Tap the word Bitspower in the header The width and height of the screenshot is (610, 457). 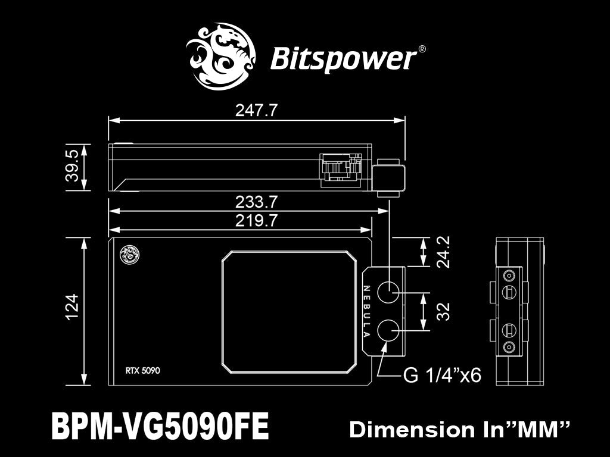click(343, 60)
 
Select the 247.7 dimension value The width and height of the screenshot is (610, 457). click(256, 111)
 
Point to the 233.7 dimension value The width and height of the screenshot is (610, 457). click(256, 202)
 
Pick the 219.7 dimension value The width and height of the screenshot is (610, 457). click(256, 221)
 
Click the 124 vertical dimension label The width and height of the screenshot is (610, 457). click(73, 307)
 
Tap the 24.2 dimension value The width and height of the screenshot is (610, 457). click(443, 252)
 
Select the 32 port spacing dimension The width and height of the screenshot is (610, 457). click(443, 311)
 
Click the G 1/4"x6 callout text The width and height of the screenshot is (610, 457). click(442, 375)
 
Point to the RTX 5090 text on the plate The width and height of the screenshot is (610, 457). click(142, 370)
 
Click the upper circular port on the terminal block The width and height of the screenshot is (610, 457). click(389, 293)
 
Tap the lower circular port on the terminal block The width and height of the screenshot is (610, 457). click(389, 330)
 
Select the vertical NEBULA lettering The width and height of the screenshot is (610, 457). click(367, 311)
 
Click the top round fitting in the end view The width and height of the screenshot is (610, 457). click(509, 276)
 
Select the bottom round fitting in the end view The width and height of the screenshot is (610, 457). click(509, 346)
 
